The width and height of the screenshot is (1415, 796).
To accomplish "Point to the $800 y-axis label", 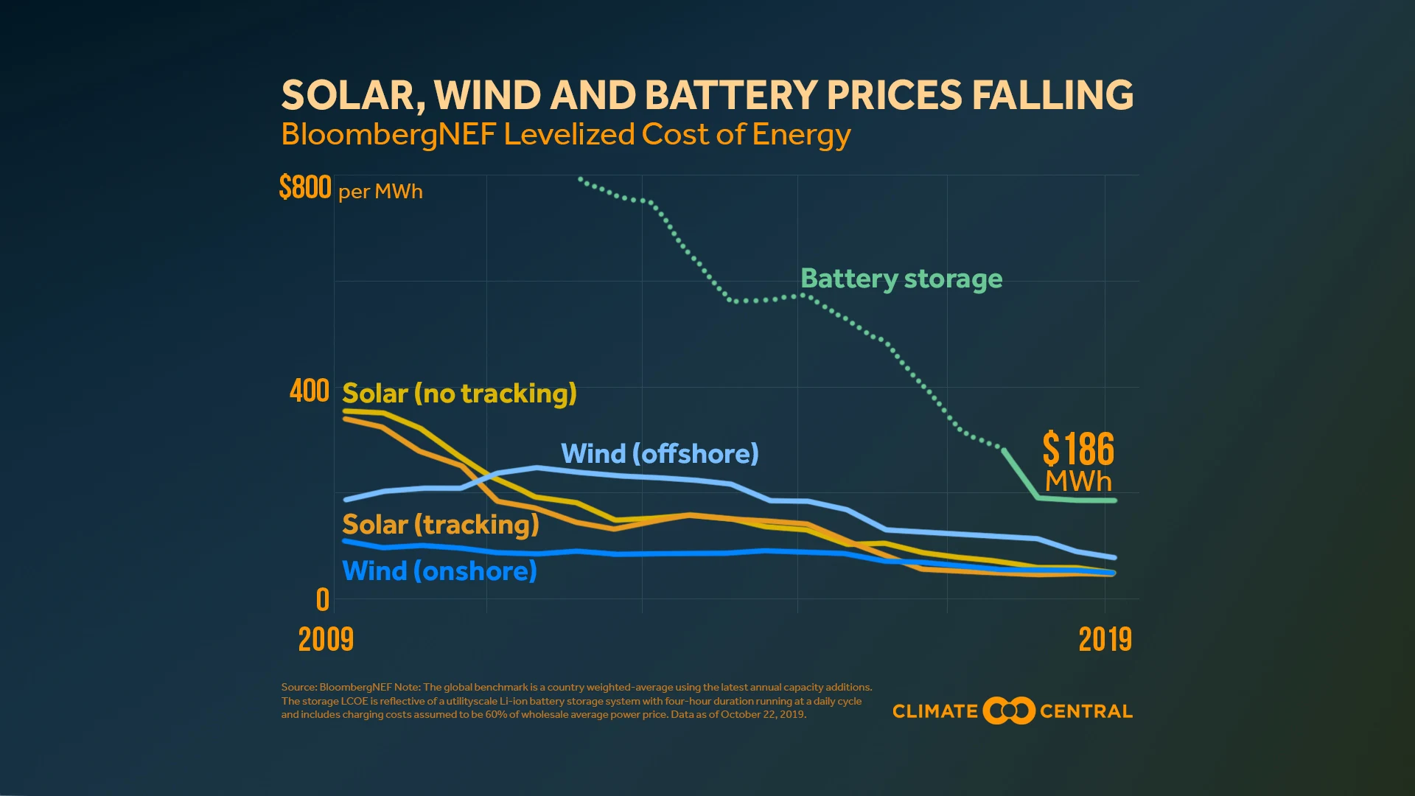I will (305, 187).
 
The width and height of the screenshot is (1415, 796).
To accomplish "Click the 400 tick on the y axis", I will (310, 391).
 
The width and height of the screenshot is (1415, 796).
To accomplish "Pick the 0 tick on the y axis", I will (323, 600).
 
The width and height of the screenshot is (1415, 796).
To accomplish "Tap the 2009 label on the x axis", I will (326, 639).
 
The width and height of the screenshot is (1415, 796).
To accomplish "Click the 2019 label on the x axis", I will (1105, 639).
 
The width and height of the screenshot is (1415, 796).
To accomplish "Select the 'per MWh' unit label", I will (380, 192).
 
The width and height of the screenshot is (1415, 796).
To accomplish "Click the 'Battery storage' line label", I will (901, 279).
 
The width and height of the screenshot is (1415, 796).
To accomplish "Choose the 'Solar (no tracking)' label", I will (459, 394).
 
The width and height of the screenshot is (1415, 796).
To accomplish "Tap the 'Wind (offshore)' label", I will (660, 453).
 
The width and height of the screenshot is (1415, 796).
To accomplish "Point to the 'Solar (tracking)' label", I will (441, 524).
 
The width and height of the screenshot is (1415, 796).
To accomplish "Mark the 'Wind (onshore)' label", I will (439, 570).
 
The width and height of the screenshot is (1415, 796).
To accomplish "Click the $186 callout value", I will (1078, 449).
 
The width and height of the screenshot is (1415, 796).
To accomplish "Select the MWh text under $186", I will (1078, 481).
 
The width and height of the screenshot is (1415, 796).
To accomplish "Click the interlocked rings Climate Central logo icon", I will (1009, 711).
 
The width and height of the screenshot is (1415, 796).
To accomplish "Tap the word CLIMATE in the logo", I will (934, 711).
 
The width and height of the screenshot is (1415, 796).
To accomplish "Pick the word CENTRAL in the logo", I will (1086, 711).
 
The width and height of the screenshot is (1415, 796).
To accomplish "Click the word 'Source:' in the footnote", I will (298, 687).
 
